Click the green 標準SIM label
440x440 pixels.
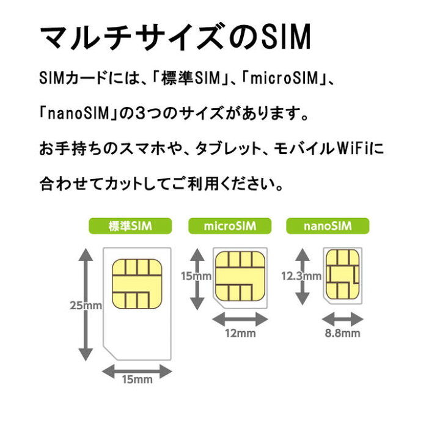tap(130, 227)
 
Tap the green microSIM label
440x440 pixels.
tap(229, 227)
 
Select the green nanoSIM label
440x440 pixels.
tap(328, 227)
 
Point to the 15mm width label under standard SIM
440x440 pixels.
tap(137, 380)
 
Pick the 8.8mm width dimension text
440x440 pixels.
tap(343, 333)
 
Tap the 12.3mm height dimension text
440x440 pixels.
tap(301, 276)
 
